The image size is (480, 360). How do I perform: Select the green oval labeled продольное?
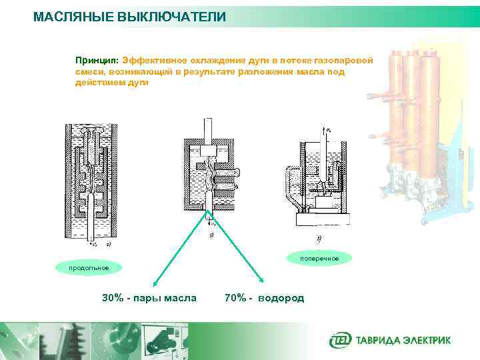coord(88,268)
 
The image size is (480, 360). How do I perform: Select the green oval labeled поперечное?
coord(319,258)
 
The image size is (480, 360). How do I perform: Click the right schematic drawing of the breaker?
coord(320,177)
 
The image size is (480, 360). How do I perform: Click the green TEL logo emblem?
coord(339,340)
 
